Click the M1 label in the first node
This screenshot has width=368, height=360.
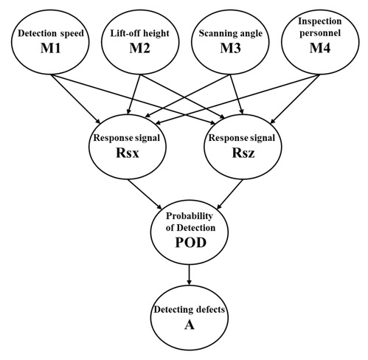tap(50, 48)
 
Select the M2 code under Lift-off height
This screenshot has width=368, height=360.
tap(139, 48)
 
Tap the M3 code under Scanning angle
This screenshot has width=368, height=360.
tap(230, 48)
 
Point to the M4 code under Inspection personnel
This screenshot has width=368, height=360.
tap(320, 48)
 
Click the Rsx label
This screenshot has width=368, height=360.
tap(128, 153)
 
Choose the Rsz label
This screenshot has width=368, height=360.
tap(243, 153)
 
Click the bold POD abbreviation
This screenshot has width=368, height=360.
tap(190, 243)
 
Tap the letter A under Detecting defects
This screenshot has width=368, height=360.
tap(190, 325)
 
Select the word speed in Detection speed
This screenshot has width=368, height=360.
tap(72, 34)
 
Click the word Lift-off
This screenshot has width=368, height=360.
tap(121, 33)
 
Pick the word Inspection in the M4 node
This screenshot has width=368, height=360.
tap(320, 21)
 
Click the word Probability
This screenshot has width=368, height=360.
tap(190, 216)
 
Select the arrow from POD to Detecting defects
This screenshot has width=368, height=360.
tap(189, 274)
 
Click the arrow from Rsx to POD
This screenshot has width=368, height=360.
tap(145, 194)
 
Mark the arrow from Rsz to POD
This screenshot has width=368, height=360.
tap(230, 194)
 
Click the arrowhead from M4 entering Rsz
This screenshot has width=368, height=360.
tap(273, 120)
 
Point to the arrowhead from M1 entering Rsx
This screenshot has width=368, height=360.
tap(97, 121)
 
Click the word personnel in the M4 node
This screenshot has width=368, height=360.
tap(320, 33)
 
